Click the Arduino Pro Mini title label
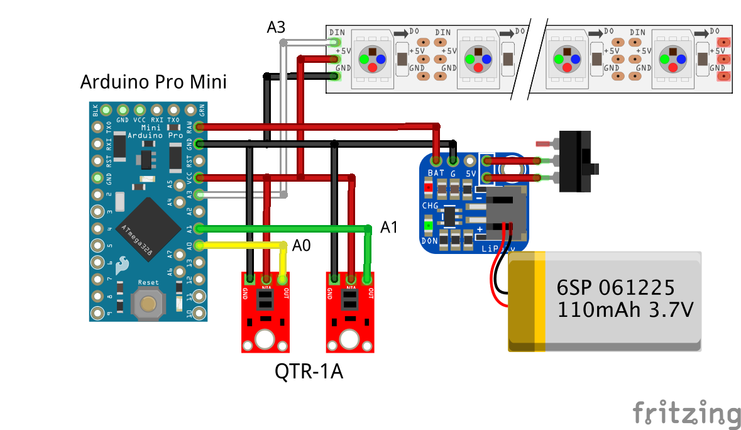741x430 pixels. [153, 82]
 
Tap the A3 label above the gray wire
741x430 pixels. [276, 27]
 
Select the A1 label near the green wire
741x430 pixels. [389, 228]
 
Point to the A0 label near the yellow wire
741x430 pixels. [302, 245]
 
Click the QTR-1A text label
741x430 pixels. [309, 372]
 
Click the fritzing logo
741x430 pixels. [686, 413]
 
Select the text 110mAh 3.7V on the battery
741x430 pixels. [625, 309]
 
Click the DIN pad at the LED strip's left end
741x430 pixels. [335, 42]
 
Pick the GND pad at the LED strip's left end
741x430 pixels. [335, 77]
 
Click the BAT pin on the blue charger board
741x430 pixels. [436, 160]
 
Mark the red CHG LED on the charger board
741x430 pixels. [429, 187]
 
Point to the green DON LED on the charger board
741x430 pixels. [429, 226]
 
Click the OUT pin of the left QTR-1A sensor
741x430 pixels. [283, 278]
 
